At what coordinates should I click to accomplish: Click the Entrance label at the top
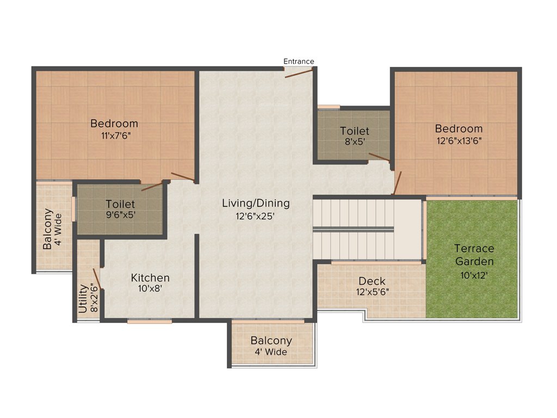pyautogui.click(x=299, y=61)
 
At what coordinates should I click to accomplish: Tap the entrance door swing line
pyautogui.click(x=299, y=72)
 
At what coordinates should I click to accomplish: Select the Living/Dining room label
pyautogui.click(x=256, y=203)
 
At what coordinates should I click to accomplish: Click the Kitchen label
pyautogui.click(x=150, y=278)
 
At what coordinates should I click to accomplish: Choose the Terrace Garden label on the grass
pyautogui.click(x=474, y=255)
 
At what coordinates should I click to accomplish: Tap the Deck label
pyautogui.click(x=372, y=281)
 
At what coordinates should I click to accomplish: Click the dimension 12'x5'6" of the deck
pyautogui.click(x=372, y=292)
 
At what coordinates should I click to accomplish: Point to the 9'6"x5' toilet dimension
pyautogui.click(x=120, y=214)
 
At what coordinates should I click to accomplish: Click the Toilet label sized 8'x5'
pyautogui.click(x=355, y=131)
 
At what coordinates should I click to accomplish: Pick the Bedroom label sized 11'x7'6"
pyautogui.click(x=114, y=123)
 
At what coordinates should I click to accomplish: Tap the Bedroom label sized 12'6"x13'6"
pyautogui.click(x=459, y=128)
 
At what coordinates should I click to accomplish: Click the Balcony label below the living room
pyautogui.click(x=271, y=340)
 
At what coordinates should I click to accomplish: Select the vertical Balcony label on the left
pyautogui.click(x=48, y=229)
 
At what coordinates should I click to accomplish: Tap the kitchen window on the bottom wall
pyautogui.click(x=150, y=322)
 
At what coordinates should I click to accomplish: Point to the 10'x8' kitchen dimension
pyautogui.click(x=150, y=289)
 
